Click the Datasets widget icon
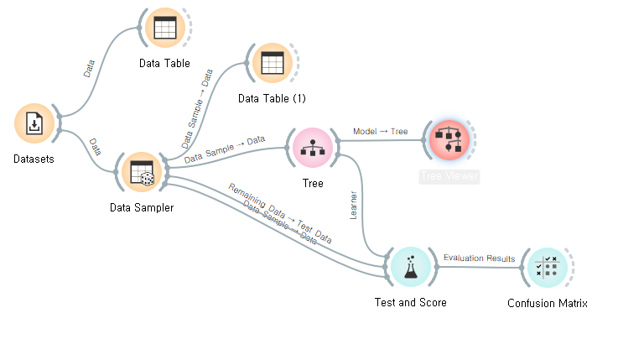[34, 124]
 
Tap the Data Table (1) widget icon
[271, 63]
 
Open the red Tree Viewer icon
[449, 139]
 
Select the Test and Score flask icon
[410, 267]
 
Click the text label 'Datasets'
[34, 159]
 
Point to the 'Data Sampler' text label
[142, 207]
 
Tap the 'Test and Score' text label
[410, 302]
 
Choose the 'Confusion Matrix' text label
[547, 303]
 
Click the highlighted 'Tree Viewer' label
[449, 176]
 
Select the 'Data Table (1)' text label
[272, 98]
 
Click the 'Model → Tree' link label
[380, 132]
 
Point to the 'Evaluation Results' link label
[479, 258]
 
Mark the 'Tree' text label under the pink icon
[312, 183]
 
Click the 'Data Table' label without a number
[165, 63]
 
